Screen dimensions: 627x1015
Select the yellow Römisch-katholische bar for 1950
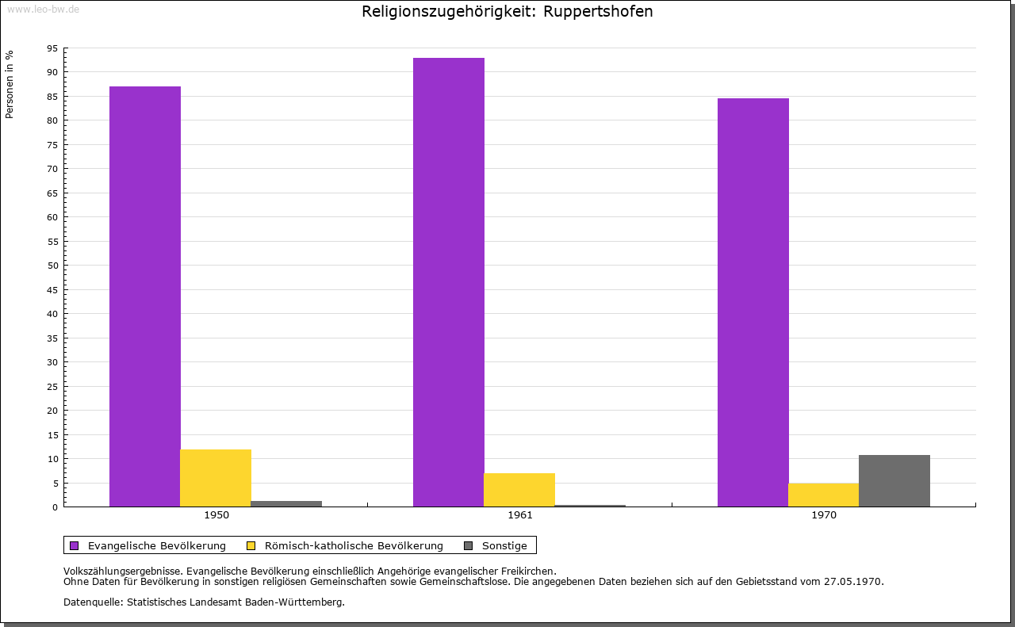coord(216,478)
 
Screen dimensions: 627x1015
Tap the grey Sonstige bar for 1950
coord(286,503)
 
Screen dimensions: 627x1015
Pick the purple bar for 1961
coord(449,282)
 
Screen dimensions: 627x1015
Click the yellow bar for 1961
coord(519,490)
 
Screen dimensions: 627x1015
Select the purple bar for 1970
coord(753,302)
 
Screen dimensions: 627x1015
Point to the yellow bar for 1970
coord(823,495)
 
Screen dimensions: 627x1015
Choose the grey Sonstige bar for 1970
coord(894,480)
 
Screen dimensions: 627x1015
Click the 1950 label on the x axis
coord(216,515)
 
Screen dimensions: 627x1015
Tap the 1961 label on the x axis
coord(520,515)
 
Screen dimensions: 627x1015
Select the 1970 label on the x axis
coord(824,515)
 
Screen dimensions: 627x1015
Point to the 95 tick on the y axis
coord(52,48)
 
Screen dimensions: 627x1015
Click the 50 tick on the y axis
coord(52,266)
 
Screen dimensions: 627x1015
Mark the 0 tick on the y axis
coord(56,507)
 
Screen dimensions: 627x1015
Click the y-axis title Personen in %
coord(10,84)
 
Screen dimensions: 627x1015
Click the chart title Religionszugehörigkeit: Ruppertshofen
coord(507,12)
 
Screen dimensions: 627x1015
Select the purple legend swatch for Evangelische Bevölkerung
coord(75,545)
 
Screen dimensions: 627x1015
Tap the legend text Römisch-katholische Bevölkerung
coord(354,545)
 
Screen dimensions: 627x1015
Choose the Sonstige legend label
coord(504,545)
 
